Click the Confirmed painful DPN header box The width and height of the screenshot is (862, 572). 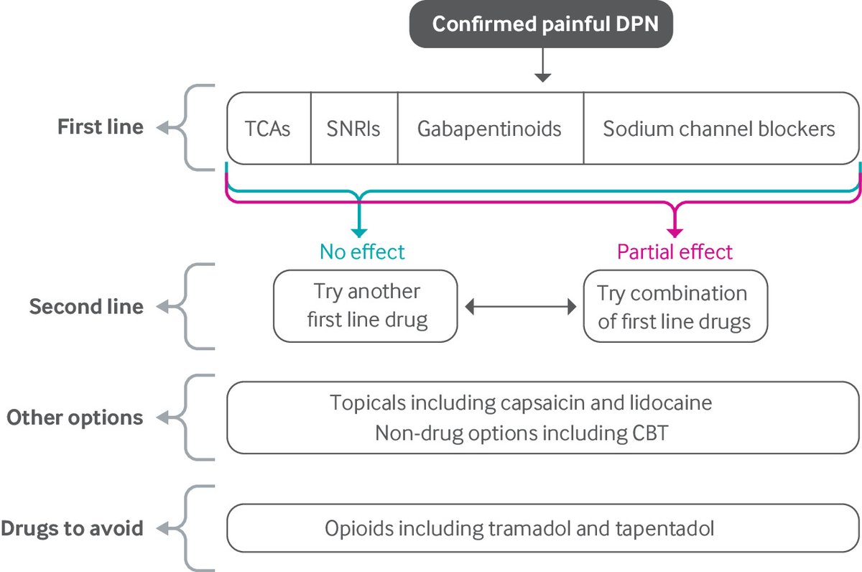point(543,24)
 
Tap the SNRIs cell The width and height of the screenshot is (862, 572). point(354,129)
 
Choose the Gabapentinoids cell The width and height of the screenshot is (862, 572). point(490,129)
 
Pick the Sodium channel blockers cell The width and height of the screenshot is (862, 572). point(719,129)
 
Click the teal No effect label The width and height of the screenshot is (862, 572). point(362,252)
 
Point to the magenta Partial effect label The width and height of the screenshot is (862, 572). point(675,252)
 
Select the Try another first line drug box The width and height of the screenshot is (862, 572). point(366,305)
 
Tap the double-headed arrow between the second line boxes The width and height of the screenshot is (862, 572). point(521,307)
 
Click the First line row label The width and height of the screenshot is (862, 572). point(100,127)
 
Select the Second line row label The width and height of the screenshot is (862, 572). point(86,307)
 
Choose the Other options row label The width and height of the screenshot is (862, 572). point(75,418)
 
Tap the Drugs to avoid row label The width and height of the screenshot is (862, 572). point(72,529)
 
